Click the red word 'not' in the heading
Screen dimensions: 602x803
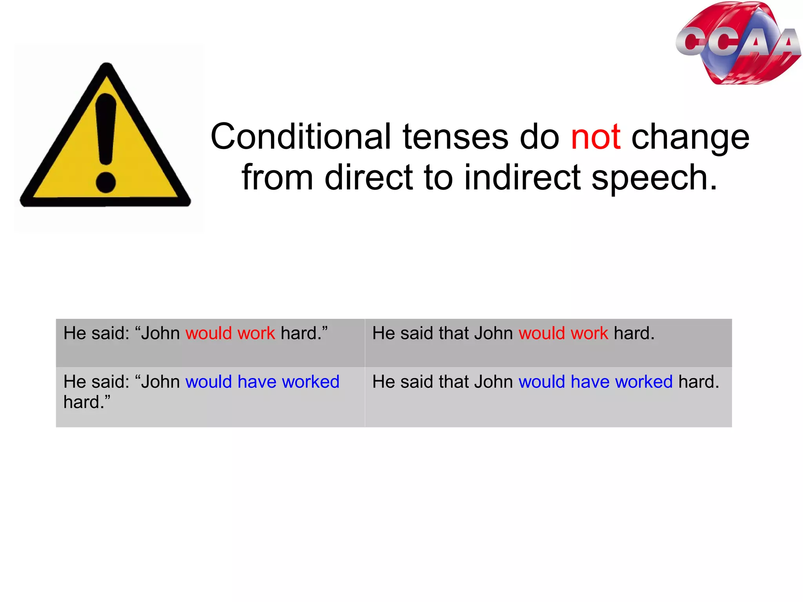596,137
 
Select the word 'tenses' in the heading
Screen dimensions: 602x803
456,137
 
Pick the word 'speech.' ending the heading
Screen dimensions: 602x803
654,179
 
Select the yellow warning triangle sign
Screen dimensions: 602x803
105,141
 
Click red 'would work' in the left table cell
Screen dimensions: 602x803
230,333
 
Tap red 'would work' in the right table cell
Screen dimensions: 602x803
563,333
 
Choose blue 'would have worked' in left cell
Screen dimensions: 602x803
262,382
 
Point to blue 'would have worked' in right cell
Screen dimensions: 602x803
596,382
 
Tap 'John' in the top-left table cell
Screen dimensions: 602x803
160,333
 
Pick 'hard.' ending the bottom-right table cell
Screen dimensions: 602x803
699,382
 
